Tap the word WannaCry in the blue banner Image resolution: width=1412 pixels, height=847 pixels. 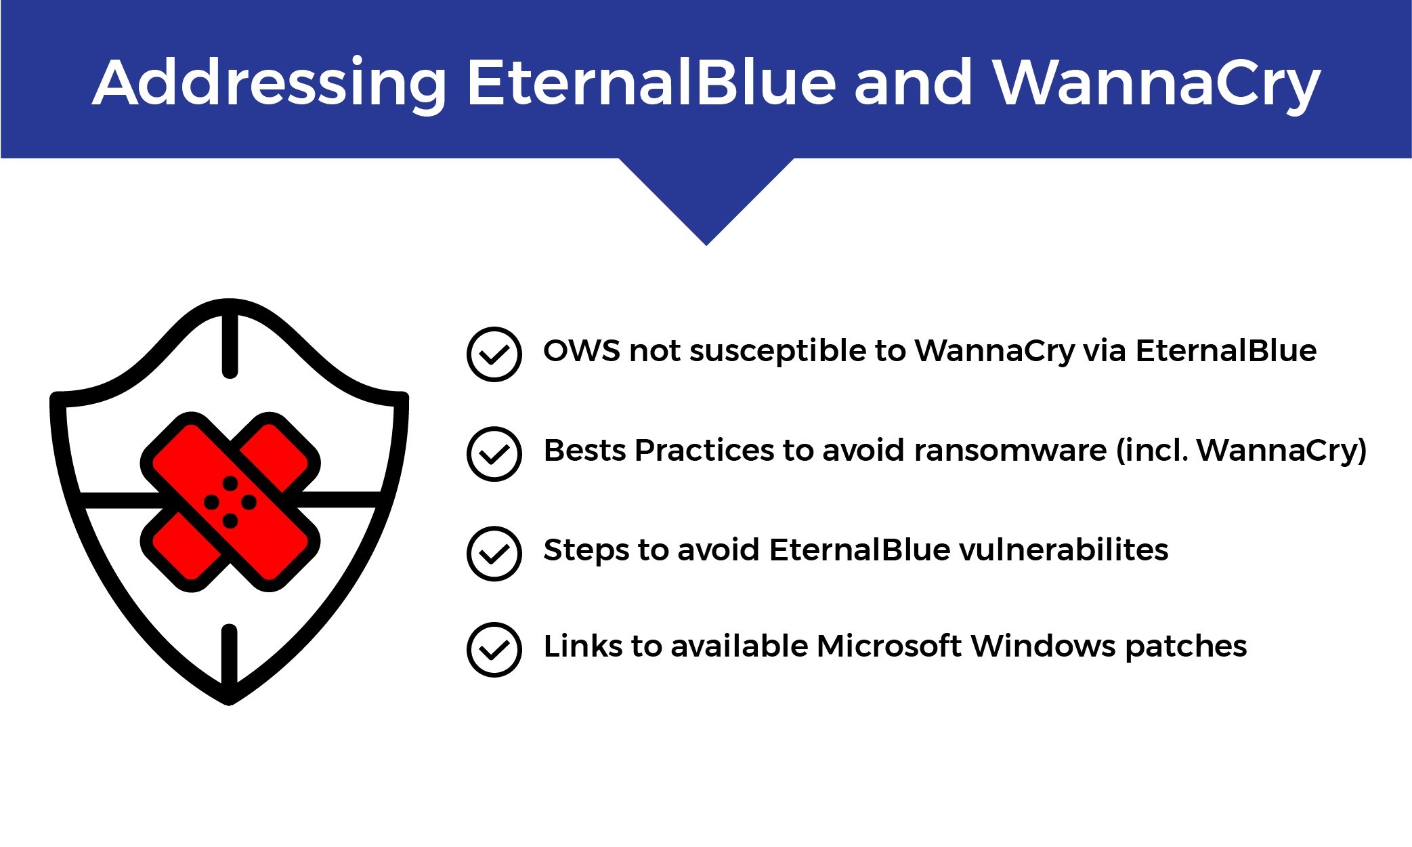[1156, 83]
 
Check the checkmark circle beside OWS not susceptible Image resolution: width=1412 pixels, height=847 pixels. [494, 354]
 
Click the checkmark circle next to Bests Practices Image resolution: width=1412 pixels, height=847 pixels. [494, 454]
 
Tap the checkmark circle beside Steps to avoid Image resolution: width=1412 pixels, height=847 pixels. [494, 554]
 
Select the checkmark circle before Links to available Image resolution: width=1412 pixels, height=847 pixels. [494, 650]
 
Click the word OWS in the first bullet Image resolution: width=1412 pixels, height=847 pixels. [582, 351]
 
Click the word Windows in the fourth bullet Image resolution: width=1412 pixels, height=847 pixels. [1043, 646]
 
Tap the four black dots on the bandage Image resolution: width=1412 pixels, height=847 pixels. [230, 502]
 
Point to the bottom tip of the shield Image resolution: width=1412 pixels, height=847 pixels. [230, 699]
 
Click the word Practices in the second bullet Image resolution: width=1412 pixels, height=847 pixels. [704, 451]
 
